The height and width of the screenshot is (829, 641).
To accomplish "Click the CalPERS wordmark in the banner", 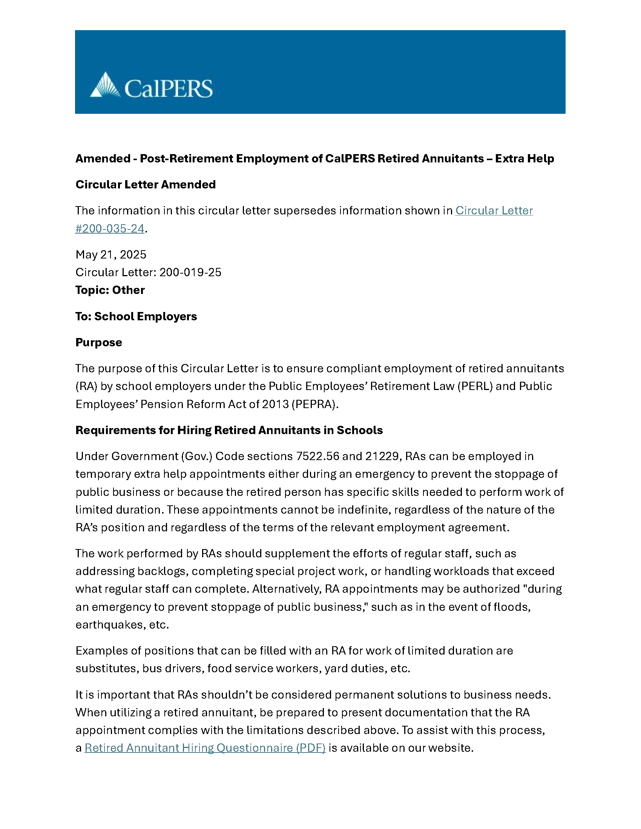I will coord(168,89).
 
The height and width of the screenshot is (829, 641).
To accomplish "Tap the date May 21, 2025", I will coord(111,254).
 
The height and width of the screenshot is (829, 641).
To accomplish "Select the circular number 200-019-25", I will coord(190,272).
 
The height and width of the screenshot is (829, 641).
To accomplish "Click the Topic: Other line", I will coord(110,290).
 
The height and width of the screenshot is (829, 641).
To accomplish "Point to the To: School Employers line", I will coord(136,316).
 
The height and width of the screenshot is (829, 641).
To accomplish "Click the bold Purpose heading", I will coord(99,343).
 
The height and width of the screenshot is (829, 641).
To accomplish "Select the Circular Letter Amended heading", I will coord(146,185).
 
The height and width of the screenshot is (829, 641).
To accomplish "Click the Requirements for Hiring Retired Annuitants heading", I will coord(229,430).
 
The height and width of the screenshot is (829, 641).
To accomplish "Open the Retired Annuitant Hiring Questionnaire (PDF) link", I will coord(205,748).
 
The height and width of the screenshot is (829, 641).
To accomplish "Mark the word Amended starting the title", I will coord(103,158).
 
